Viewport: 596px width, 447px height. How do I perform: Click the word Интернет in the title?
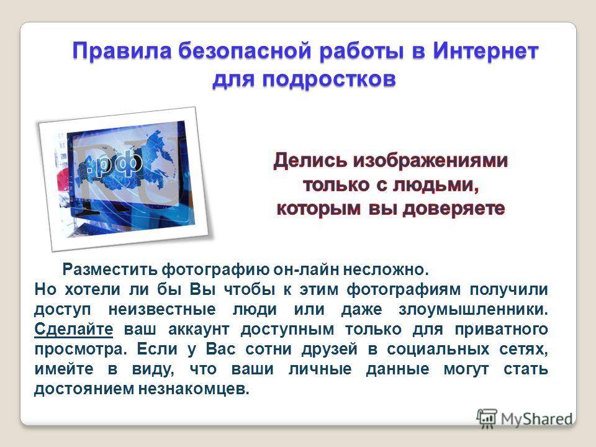[485, 50]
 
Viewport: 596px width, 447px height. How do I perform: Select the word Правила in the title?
[122, 52]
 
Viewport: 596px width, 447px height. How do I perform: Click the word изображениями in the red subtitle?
[430, 160]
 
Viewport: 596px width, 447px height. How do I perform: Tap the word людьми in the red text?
[436, 185]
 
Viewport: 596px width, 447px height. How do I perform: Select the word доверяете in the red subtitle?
[454, 209]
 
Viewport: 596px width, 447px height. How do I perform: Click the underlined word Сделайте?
[74, 329]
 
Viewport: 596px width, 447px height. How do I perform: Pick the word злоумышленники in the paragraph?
[473, 309]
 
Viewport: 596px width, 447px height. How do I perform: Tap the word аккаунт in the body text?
[199, 330]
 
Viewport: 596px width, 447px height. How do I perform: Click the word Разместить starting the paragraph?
[110, 269]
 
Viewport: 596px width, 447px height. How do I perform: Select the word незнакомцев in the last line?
[194, 389]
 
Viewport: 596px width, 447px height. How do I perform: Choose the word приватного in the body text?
[502, 330]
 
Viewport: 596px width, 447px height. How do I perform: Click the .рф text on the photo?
[114, 164]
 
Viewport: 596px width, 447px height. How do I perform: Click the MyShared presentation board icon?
[487, 418]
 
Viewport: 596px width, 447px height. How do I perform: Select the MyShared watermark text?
[536, 419]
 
